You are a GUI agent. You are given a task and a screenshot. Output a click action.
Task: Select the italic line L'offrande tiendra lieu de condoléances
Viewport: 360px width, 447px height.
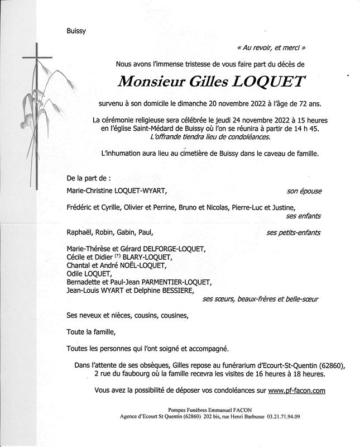click(x=209, y=137)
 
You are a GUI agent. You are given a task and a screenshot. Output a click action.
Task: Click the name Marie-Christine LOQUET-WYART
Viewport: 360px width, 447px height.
click(x=116, y=191)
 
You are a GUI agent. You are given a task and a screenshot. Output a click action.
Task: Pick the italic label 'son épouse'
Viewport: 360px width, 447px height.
click(x=304, y=191)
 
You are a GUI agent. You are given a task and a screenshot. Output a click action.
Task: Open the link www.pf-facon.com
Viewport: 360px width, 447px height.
click(x=296, y=391)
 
